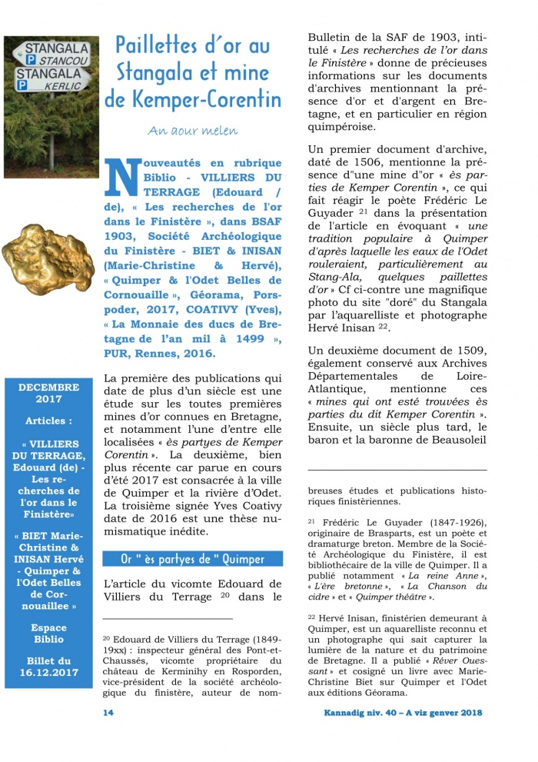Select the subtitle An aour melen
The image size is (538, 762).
(182, 130)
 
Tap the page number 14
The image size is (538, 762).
(108, 713)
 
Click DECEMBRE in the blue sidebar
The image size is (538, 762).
(49, 388)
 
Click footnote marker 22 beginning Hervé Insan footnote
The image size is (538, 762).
(312, 617)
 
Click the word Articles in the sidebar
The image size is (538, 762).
(49, 421)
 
